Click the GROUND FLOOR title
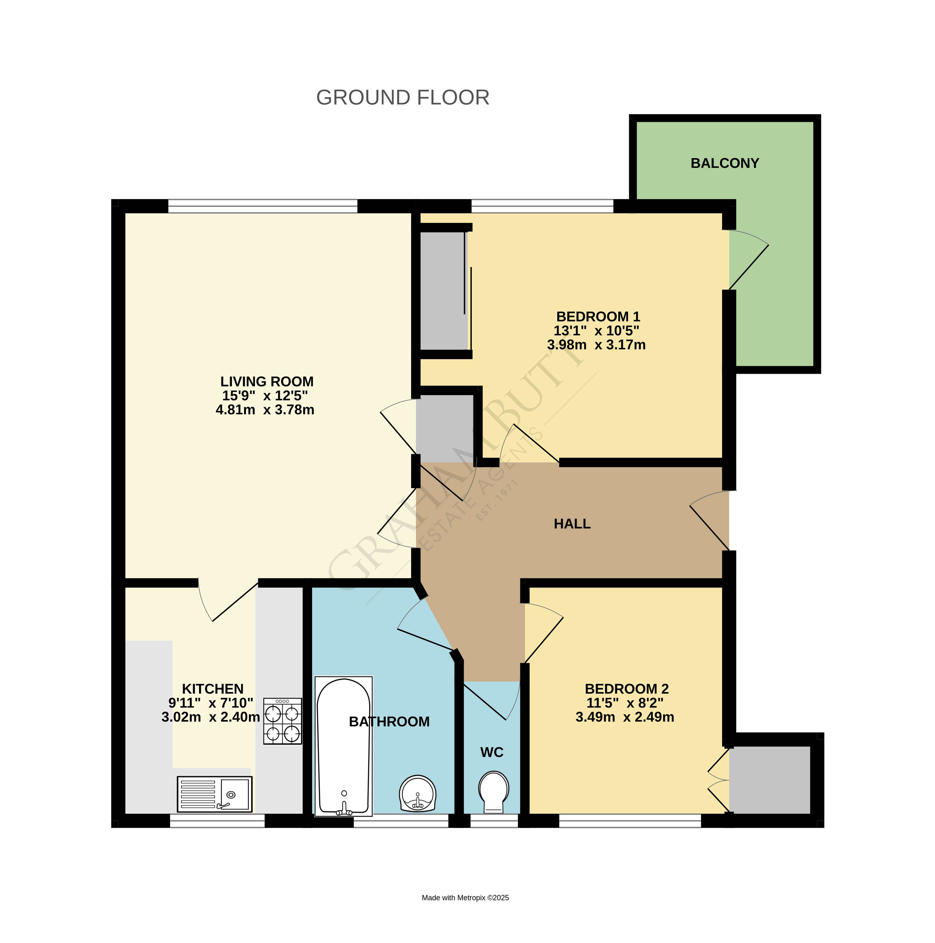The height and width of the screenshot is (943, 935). (403, 98)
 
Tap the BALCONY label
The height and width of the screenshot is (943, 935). (725, 163)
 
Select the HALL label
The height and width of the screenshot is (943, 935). (572, 524)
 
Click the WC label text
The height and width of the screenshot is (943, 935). (491, 752)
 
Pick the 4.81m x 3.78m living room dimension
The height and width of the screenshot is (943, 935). (265, 410)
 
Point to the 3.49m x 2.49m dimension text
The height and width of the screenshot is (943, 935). (625, 717)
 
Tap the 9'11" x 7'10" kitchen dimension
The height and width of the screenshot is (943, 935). (211, 703)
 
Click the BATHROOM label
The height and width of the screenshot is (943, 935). (389, 721)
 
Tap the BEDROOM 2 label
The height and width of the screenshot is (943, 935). (627, 689)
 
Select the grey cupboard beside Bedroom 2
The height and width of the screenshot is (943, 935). (770, 780)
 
